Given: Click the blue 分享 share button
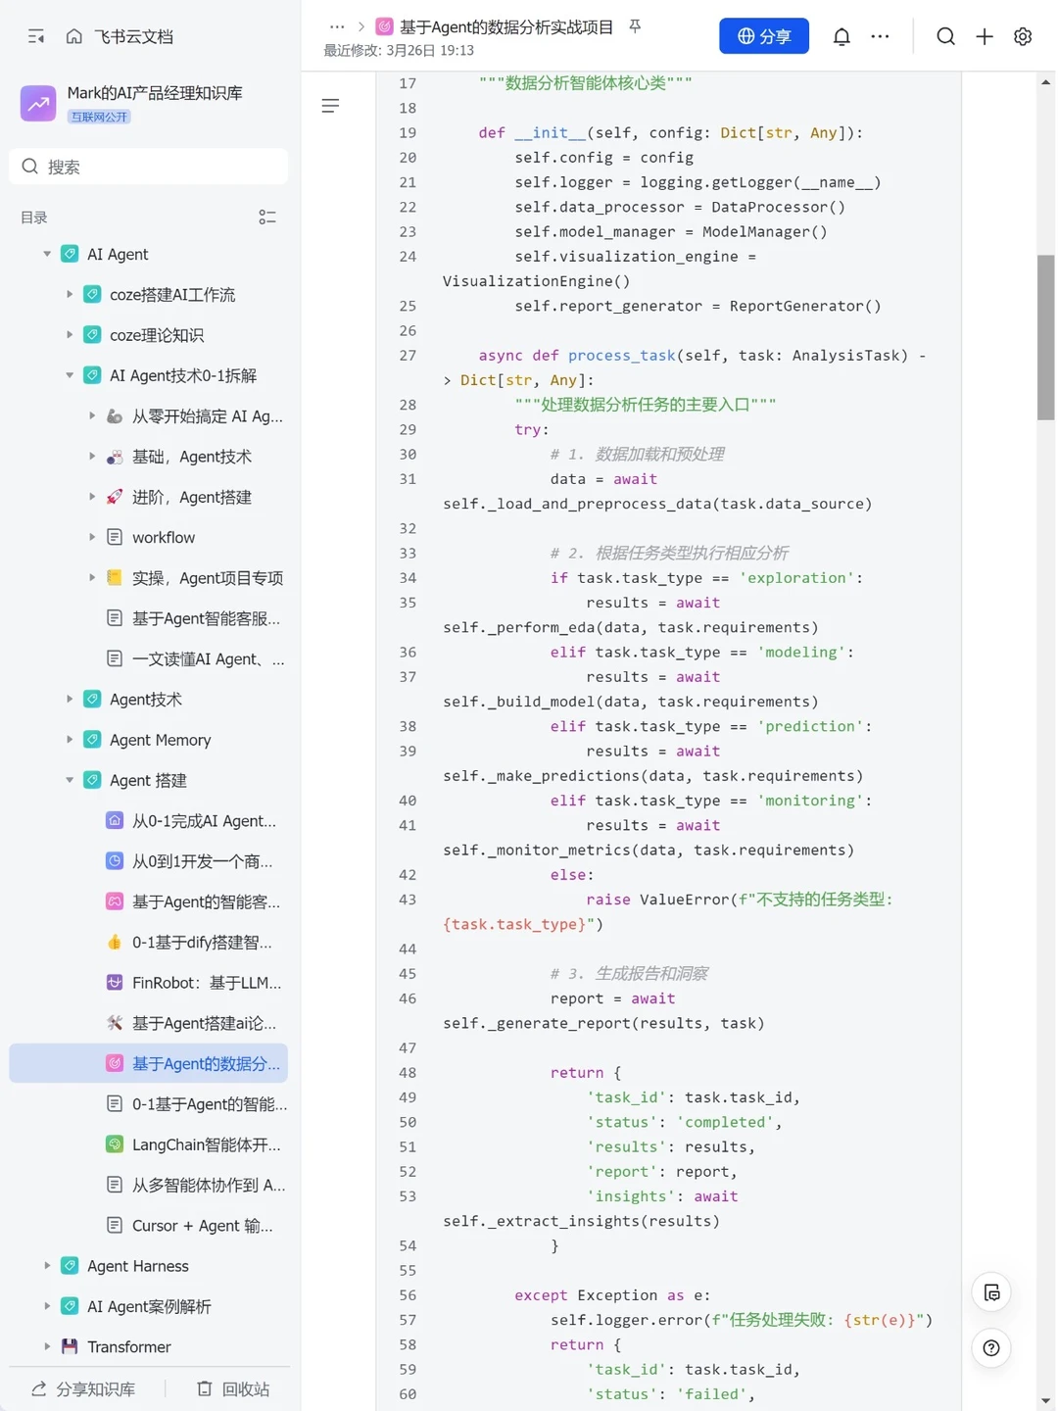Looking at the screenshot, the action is (x=763, y=36).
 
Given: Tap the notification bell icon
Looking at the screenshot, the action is (x=841, y=36).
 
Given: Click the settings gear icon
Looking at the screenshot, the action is (x=1022, y=36).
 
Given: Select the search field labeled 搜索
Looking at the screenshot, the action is (x=148, y=167).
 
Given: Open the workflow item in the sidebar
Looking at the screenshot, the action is (x=164, y=537).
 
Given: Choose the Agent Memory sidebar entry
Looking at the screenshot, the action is (x=160, y=740).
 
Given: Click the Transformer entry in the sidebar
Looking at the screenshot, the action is (x=129, y=1346).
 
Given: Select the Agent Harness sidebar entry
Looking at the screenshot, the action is (x=138, y=1266).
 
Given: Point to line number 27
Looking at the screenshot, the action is (x=408, y=356).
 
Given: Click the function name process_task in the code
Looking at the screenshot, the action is (x=621, y=356).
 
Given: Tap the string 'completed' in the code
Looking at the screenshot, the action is (x=725, y=1122).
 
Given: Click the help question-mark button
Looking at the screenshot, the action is (x=990, y=1348).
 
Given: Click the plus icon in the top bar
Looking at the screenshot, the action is (x=984, y=36).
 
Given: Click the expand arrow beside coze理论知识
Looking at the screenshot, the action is (x=69, y=335).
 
